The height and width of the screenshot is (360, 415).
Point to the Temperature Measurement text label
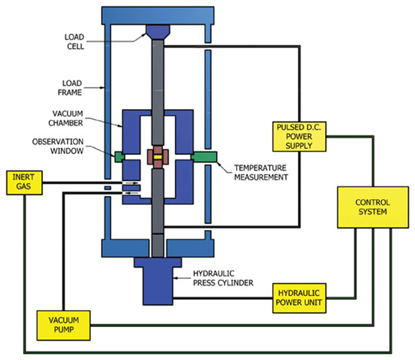(260, 172)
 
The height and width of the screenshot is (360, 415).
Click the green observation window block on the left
(120, 157)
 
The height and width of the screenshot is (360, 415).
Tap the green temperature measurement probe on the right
(204, 157)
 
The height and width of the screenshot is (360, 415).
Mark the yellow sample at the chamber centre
(157, 156)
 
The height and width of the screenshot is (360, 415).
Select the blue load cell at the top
(157, 32)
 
